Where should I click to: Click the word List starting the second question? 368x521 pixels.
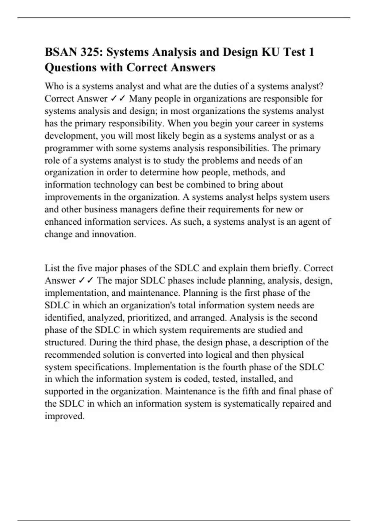click(52, 268)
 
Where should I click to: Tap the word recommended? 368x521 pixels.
click(72, 355)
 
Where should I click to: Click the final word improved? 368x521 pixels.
click(64, 416)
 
